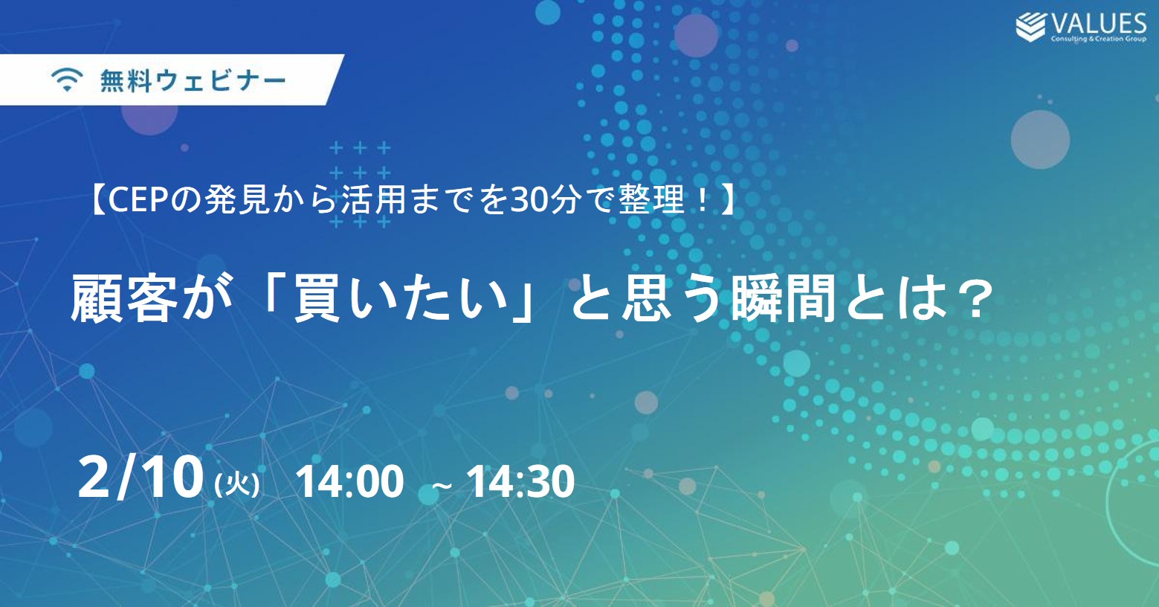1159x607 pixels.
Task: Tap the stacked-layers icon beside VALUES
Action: pos(1030,27)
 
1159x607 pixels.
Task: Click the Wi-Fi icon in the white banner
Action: pos(67,80)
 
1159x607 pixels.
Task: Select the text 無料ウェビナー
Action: pos(193,81)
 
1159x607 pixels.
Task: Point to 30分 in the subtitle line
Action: pos(543,201)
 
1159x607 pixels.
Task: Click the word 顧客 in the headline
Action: pos(124,299)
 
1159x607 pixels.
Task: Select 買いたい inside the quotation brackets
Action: pos(401,299)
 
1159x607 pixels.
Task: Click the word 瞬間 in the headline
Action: pos(783,299)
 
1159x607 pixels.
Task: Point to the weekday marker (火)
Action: pos(236,485)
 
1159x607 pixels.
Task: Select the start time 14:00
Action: pos(349,482)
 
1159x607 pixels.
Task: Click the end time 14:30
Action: pos(520,482)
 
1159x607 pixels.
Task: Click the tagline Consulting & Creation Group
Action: pos(1099,39)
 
